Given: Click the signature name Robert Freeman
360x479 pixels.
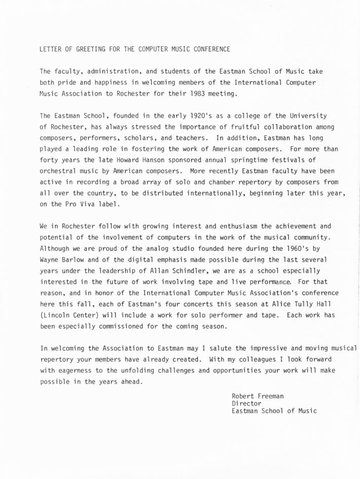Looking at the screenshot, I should click(258, 395).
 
